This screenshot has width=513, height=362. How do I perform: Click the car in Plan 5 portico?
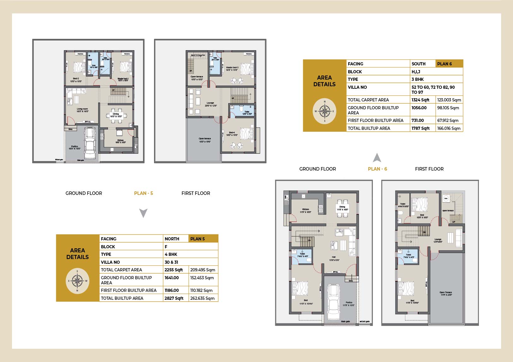coord(90,144)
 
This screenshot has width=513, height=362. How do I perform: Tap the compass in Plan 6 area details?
coord(325,111)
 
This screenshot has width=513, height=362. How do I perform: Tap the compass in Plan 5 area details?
coord(77,281)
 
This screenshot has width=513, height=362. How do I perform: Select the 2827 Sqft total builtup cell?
coord(174,298)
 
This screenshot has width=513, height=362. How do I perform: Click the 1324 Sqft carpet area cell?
coord(421,100)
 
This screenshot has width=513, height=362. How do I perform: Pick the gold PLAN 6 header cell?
coord(449,64)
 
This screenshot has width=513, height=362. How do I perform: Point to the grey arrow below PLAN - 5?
coord(143,213)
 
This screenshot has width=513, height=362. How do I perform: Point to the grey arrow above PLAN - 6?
coord(377,158)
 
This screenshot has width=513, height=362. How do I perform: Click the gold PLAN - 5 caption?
coord(143,193)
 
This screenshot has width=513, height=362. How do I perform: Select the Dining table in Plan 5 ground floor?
coord(116,114)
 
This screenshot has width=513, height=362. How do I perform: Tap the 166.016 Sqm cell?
coord(449,128)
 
